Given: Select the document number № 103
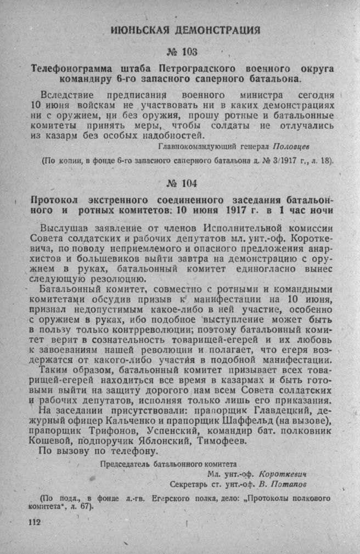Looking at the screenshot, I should (x=182, y=52).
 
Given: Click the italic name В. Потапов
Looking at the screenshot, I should (x=284, y=484).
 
